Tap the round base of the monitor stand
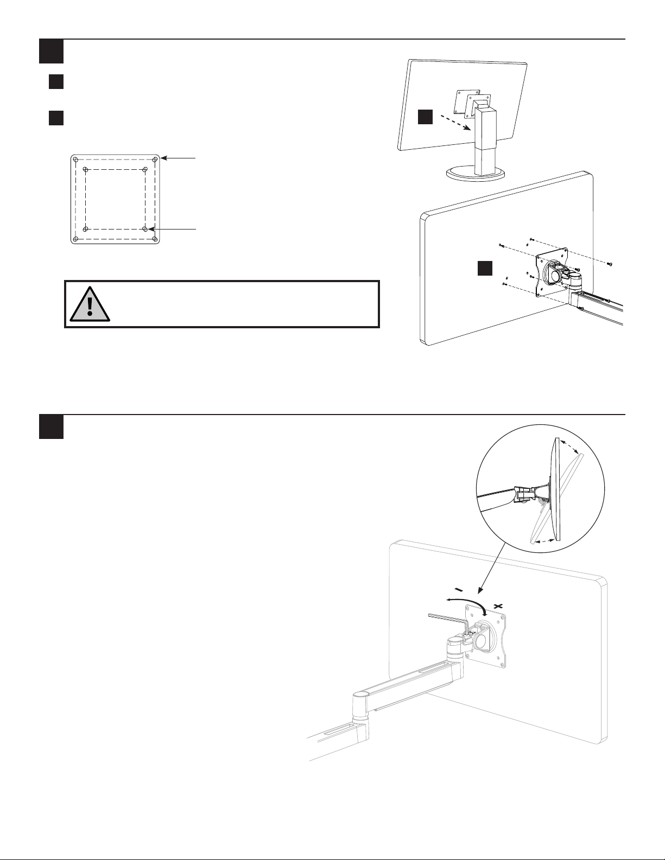click(476, 174)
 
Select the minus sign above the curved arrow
click(459, 589)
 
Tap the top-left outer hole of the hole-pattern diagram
click(76, 160)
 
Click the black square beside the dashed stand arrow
click(426, 117)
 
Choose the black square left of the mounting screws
click(484, 269)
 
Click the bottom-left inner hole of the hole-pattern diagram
click(86, 229)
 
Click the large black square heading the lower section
click(52, 427)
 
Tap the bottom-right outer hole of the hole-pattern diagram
click(155, 239)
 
